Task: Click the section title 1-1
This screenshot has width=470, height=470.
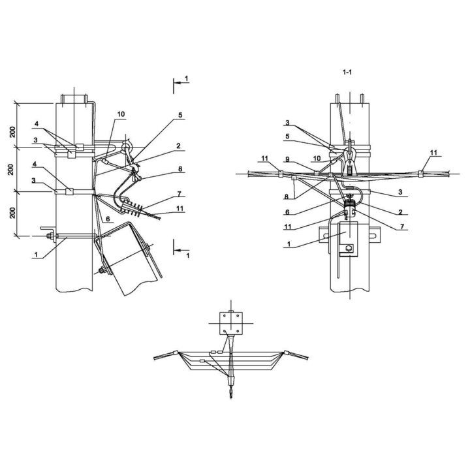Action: click(x=347, y=72)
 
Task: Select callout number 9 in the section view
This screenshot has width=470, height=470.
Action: click(x=287, y=160)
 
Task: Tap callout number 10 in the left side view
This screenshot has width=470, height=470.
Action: click(x=121, y=114)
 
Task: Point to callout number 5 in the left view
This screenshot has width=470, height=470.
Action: click(x=180, y=115)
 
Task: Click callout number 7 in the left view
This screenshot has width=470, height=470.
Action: click(x=180, y=194)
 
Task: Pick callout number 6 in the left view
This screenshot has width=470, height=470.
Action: click(x=108, y=219)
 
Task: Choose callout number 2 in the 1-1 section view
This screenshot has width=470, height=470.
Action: click(x=400, y=212)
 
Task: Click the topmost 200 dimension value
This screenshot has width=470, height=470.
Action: click(x=12, y=132)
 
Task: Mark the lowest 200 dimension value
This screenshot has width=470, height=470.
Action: click(x=12, y=213)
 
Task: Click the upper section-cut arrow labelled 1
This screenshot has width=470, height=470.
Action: click(x=181, y=83)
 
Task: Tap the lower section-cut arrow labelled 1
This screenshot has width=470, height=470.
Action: click(x=181, y=250)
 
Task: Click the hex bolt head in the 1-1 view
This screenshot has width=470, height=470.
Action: click(x=349, y=248)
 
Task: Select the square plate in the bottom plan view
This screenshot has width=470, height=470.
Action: click(x=231, y=323)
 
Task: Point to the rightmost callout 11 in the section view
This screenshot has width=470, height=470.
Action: click(x=433, y=153)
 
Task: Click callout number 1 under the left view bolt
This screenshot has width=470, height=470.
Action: click(x=36, y=255)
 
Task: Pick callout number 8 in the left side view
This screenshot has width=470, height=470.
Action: click(x=180, y=169)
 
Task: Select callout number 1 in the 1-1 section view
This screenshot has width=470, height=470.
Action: click(x=289, y=244)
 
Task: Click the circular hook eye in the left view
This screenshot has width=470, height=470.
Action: click(x=125, y=147)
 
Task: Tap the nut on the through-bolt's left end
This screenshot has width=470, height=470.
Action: click(x=49, y=236)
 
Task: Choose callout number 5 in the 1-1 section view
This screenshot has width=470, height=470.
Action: click(x=287, y=136)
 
